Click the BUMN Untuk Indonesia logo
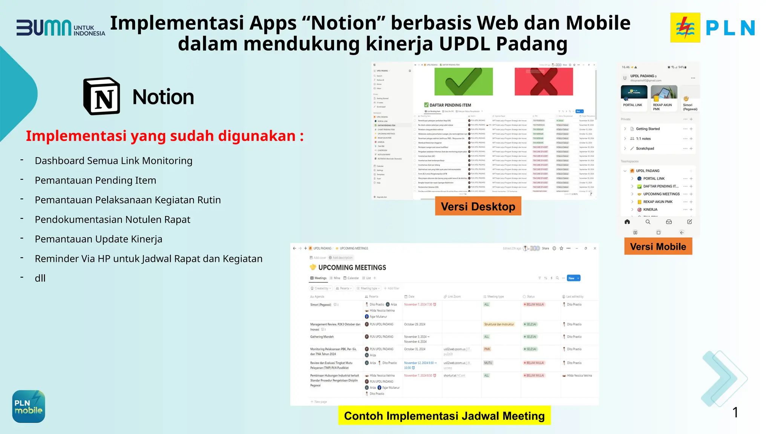pos(60,28)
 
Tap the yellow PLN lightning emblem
pos(685,28)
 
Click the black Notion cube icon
pos(102,96)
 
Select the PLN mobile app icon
pos(29,406)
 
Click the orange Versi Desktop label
pos(478,206)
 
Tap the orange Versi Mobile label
pos(658,247)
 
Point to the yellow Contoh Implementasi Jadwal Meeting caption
pos(444,416)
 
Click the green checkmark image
pos(463,81)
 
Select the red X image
pos(544,81)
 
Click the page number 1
pos(735,413)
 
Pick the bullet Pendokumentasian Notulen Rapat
pos(112,220)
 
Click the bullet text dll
pos(40,278)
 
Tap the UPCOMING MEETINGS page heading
pos(352,267)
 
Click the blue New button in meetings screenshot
pos(573,278)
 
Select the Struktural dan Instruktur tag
pos(499,324)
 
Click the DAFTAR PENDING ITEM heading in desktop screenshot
pos(450,105)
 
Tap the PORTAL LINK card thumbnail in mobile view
pos(634,92)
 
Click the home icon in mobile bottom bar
pos(627,222)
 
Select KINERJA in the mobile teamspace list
pos(650,209)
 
